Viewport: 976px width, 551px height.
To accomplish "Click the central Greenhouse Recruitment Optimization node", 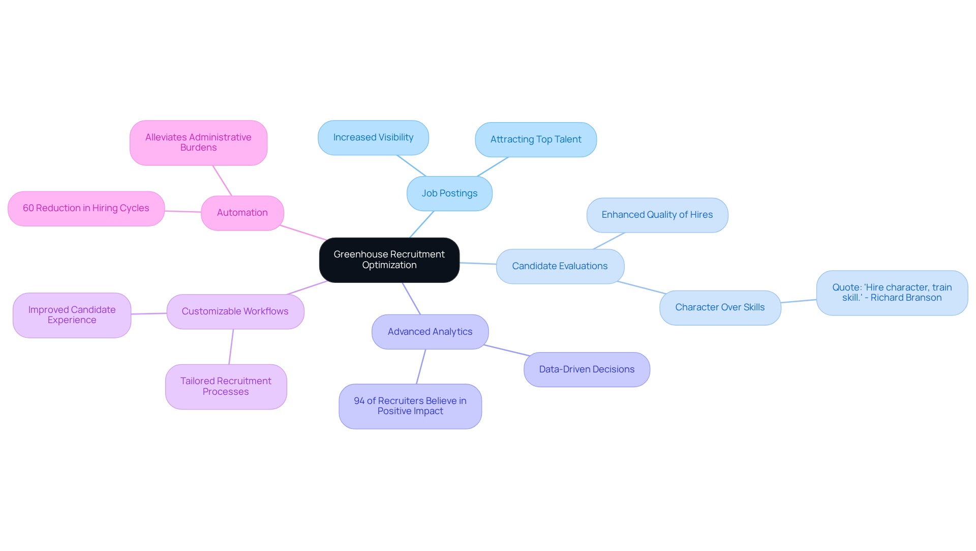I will tap(389, 260).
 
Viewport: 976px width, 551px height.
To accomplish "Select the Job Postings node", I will tap(449, 193).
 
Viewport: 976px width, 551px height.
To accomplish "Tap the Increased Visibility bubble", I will tap(373, 138).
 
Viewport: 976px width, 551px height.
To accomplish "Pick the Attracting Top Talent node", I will tap(536, 139).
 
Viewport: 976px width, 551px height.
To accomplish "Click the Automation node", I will tap(242, 213).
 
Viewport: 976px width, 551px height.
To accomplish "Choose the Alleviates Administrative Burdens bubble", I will tap(198, 142).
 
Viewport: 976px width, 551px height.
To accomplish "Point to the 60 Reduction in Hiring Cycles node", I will tap(86, 209).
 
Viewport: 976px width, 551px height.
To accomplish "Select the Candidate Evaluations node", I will tap(560, 266).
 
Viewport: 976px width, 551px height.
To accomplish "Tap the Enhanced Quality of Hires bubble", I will tap(657, 215).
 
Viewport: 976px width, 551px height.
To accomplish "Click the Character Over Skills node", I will tap(720, 307).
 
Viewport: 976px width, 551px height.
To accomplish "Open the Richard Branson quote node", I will tap(892, 293).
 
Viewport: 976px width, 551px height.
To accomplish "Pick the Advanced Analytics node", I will tap(430, 332).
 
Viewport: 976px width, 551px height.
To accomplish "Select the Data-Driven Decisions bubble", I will tap(587, 369).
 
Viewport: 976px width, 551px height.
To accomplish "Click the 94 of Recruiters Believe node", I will tap(410, 406).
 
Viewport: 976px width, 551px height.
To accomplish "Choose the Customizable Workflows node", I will tap(235, 311).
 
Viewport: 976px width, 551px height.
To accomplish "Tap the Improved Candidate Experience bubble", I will tap(72, 315).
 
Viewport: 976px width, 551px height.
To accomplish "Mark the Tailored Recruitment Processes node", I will tap(226, 386).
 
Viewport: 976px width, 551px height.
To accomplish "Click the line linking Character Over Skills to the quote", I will tap(799, 301).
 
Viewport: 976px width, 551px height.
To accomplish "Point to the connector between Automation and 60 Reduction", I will tap(183, 211).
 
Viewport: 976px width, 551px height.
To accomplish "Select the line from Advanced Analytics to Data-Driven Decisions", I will tap(507, 350).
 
